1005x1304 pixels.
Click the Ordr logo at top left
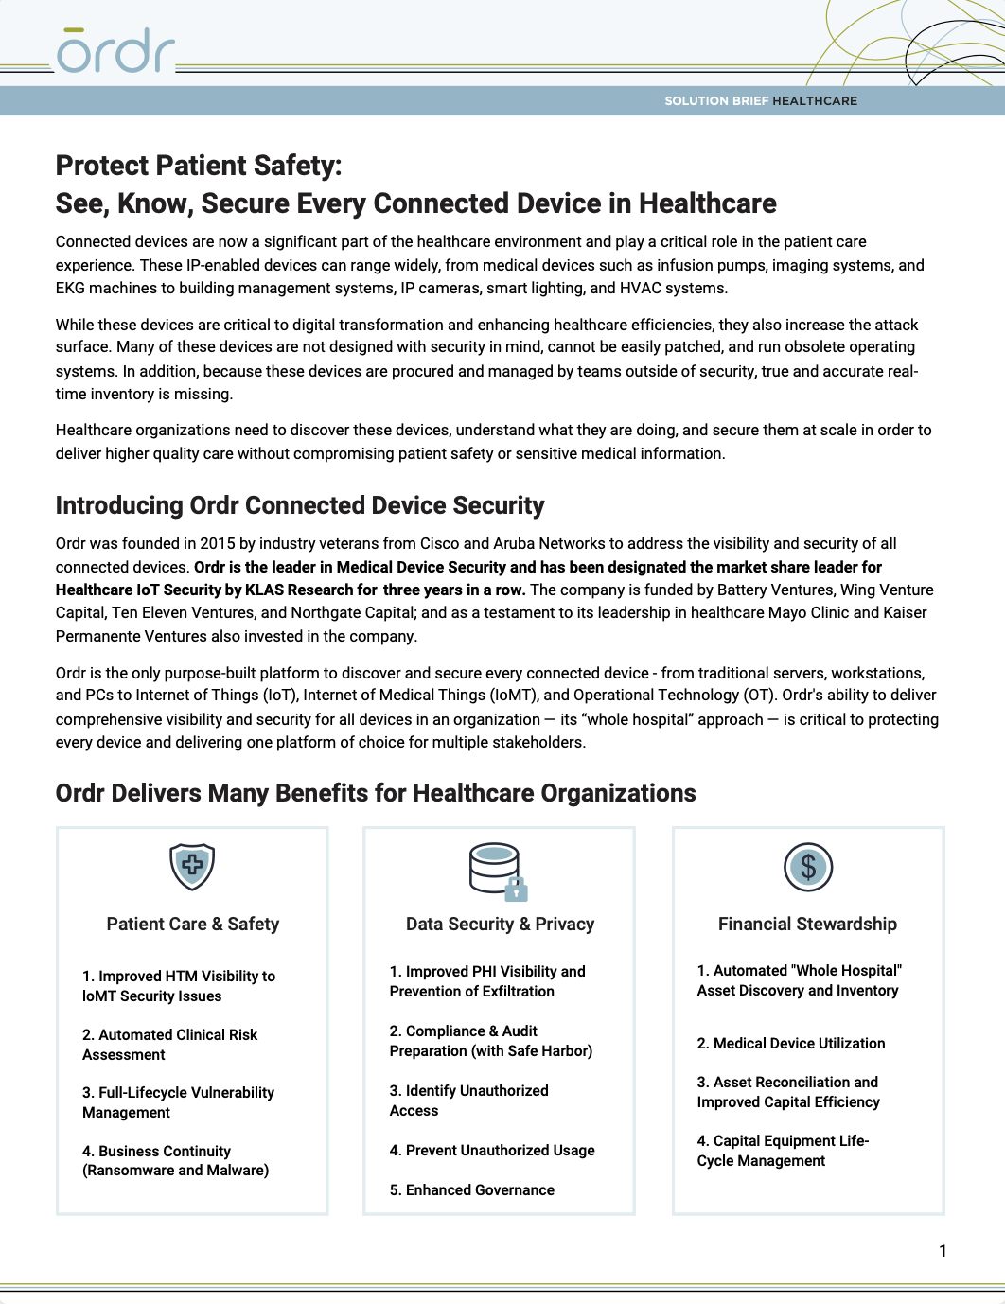pyautogui.click(x=115, y=52)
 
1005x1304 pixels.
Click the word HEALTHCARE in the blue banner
pyautogui.click(x=815, y=101)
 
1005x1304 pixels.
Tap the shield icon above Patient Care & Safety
pyautogui.click(x=192, y=867)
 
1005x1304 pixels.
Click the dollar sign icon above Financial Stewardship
pyautogui.click(x=807, y=867)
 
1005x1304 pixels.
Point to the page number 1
pyautogui.click(x=942, y=1251)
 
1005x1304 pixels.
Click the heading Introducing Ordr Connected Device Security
pyautogui.click(x=300, y=506)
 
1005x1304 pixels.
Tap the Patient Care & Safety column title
pyautogui.click(x=192, y=925)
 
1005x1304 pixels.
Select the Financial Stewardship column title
pyautogui.click(x=807, y=925)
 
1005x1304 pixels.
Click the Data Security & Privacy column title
pyautogui.click(x=500, y=925)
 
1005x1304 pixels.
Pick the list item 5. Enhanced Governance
pyautogui.click(x=471, y=1190)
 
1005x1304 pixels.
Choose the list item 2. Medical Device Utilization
pyautogui.click(x=791, y=1044)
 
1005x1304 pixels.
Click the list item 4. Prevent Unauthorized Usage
pyautogui.click(x=492, y=1151)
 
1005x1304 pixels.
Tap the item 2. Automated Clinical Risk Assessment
pyautogui.click(x=169, y=1045)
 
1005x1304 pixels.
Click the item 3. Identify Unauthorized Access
pyautogui.click(x=468, y=1101)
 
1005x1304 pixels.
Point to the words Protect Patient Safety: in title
pyautogui.click(x=199, y=167)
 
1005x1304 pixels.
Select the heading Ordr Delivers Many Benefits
pyautogui.click(x=376, y=794)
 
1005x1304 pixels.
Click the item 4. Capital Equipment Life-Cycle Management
pyautogui.click(x=783, y=1151)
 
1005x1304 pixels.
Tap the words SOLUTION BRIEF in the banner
pyautogui.click(x=716, y=101)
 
